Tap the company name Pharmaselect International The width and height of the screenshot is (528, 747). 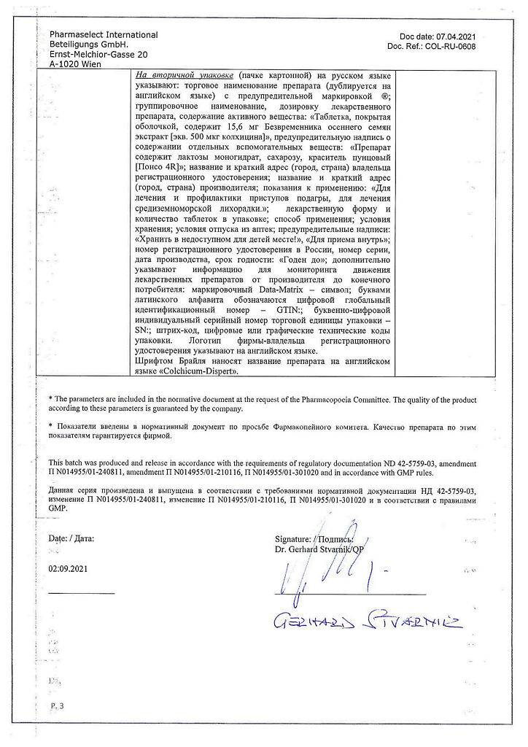pos(104,35)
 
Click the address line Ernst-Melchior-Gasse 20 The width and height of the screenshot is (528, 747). pos(98,55)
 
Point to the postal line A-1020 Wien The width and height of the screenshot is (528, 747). pos(76,64)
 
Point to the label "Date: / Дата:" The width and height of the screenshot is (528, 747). pos(71,538)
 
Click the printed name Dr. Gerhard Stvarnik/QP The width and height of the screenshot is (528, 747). pos(319,548)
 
